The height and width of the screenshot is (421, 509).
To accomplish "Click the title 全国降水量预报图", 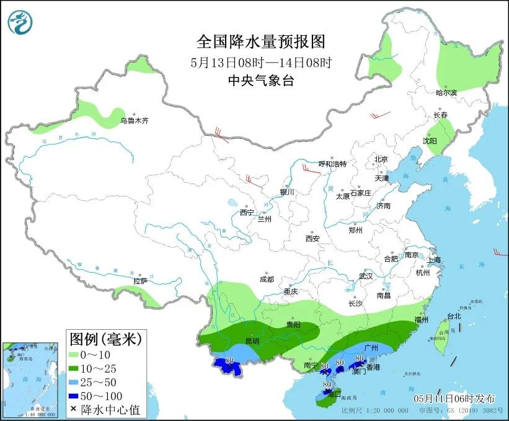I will [x=260, y=42].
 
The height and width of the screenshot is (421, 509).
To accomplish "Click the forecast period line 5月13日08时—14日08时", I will [x=261, y=62].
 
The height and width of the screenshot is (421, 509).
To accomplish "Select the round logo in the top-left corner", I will [x=20, y=23].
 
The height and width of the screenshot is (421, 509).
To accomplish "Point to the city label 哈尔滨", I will [x=446, y=92].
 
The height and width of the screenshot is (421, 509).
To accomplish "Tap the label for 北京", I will [x=381, y=159].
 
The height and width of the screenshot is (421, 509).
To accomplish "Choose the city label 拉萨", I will [x=140, y=281].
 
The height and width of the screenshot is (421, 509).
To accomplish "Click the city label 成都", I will [x=267, y=279].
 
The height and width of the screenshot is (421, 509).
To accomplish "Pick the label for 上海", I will [x=433, y=259].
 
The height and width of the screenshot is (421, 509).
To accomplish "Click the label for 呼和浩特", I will [x=332, y=164].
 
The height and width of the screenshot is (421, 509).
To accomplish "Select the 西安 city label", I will [x=312, y=238].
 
